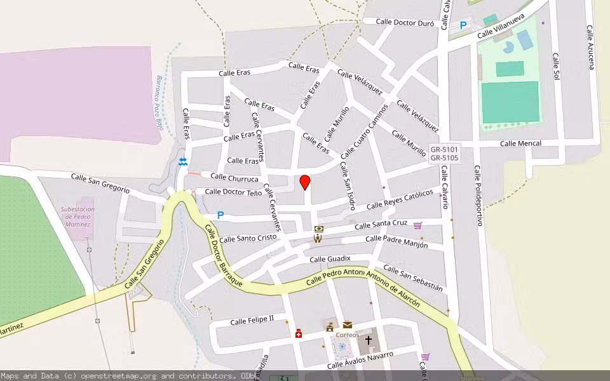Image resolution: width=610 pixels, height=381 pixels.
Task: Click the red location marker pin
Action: click(305, 182)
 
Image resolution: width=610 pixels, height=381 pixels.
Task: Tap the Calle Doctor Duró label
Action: click(405, 22)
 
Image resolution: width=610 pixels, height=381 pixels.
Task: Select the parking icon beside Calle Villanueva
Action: click(463, 25)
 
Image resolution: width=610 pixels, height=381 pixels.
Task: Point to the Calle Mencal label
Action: click(520, 144)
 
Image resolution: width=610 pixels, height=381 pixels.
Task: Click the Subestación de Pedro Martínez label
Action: click(78, 217)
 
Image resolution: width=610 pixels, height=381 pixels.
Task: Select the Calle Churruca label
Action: click(234, 178)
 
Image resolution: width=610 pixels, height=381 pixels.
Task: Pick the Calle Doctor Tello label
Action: click(233, 192)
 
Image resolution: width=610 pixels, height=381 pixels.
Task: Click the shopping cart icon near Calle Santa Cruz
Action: click(417, 225)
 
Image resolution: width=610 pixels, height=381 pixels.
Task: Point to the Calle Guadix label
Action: click(330, 259)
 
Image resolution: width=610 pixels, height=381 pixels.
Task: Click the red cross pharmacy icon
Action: click(299, 333)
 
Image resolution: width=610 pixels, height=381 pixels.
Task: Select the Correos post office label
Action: click(348, 335)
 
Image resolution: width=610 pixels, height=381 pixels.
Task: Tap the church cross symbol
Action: click(368, 340)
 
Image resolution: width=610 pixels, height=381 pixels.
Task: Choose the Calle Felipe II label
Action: click(252, 320)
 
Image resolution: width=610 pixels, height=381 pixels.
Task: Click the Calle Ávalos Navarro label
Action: click(360, 360)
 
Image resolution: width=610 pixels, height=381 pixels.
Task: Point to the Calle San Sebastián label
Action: click(412, 278)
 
